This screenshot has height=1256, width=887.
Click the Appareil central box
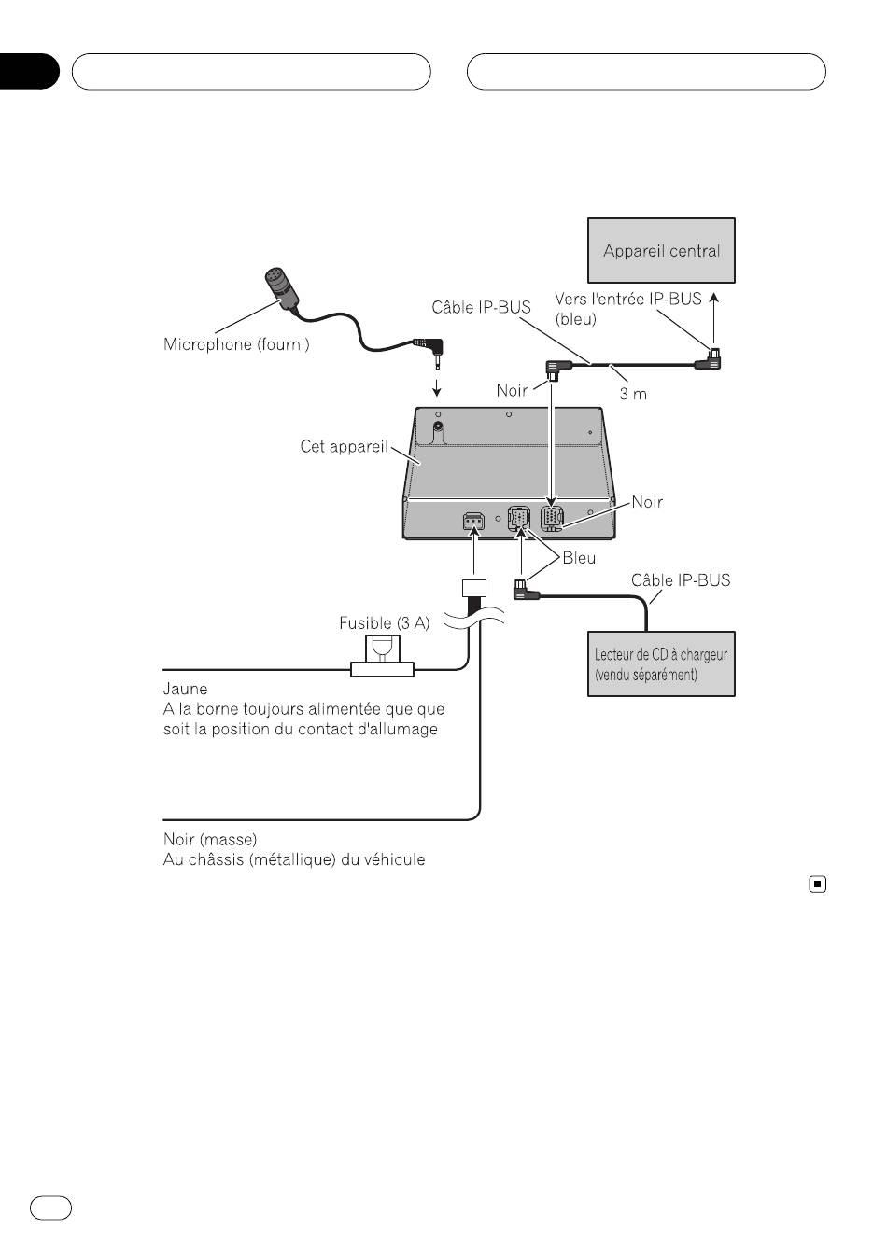pos(661,250)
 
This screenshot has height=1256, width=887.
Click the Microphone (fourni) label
pos(236,343)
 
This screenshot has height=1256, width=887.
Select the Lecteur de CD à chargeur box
pos(661,663)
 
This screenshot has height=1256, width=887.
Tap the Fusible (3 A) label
pos(385,623)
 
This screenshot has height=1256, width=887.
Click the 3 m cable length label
pos(633,394)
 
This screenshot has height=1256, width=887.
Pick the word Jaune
pos(185,689)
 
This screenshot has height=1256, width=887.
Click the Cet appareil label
pos(344,446)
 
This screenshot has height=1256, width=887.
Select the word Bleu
pos(579,558)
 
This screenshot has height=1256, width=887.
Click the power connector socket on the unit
pos(473,522)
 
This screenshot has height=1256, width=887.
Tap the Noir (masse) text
pos(210,839)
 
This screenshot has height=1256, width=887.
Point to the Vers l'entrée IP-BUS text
pos(627,299)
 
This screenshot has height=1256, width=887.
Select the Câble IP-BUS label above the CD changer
pos(681,579)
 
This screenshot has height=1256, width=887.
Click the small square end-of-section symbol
pos(817,885)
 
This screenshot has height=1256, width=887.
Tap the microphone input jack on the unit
pos(438,427)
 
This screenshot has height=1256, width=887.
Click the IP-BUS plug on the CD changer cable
pos(525,591)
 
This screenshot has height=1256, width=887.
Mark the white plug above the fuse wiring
pos(474,588)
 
